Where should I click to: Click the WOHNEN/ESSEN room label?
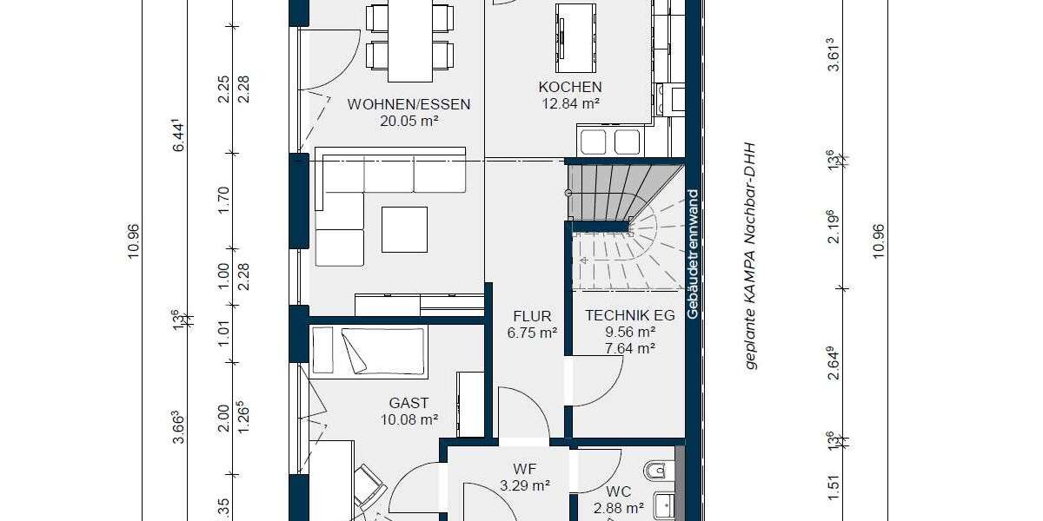(x=409, y=104)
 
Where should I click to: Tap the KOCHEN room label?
(x=570, y=87)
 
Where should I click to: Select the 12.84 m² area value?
(x=570, y=103)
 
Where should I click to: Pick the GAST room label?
(x=409, y=403)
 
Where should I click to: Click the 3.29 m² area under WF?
(x=525, y=486)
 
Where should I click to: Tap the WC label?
(x=618, y=490)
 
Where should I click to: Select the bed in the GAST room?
(x=369, y=352)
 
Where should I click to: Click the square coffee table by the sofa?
(x=404, y=229)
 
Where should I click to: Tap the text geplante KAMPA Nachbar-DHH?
(x=752, y=257)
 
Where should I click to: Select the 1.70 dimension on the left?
(x=223, y=200)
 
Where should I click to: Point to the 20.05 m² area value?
(x=409, y=122)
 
